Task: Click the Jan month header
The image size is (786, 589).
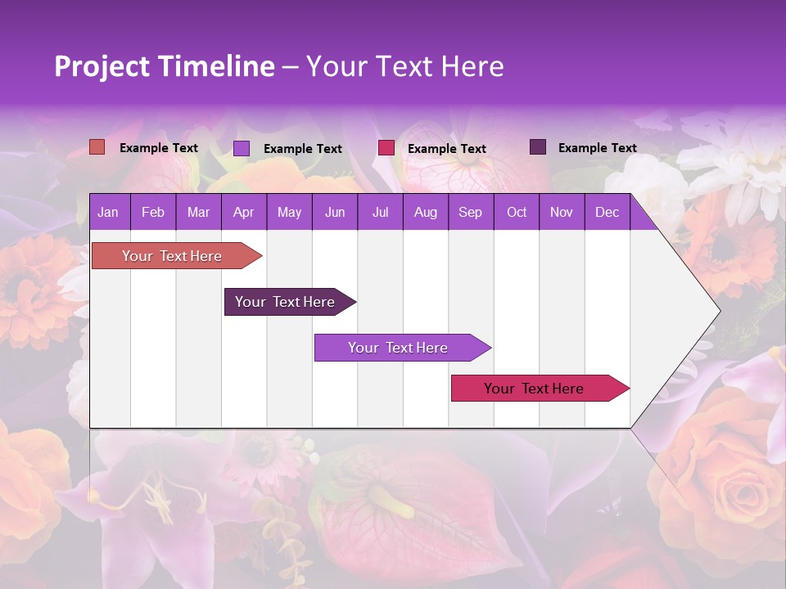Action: (x=108, y=212)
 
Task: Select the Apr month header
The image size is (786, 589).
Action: (x=243, y=212)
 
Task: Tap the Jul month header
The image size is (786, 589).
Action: (x=380, y=212)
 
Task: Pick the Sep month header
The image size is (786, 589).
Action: (x=470, y=212)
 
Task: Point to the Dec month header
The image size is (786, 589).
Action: (x=607, y=212)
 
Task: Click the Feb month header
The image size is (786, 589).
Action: (x=152, y=212)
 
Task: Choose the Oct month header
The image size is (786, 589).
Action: (x=517, y=212)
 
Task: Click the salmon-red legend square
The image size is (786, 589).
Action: (x=97, y=147)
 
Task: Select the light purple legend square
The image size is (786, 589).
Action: (x=242, y=148)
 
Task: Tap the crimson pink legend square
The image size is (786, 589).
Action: (x=386, y=147)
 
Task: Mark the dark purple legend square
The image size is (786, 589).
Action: (x=538, y=147)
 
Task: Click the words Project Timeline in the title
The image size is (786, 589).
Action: (x=164, y=66)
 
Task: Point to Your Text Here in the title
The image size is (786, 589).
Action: (x=404, y=66)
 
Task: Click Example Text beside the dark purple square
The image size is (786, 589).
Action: (x=597, y=148)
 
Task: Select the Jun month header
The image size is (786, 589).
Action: (x=335, y=212)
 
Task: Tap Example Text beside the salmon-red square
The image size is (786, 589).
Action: (x=158, y=148)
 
